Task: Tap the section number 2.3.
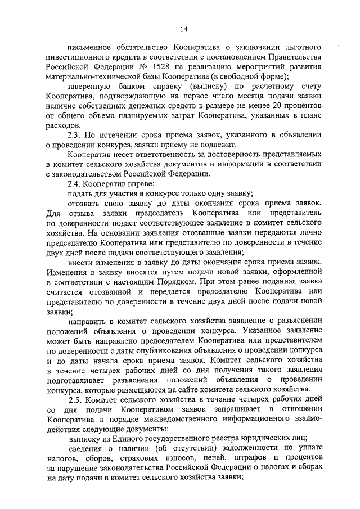click(75, 134)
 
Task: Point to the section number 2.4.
click(75, 183)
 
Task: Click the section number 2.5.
click(75, 399)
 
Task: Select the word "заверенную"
click(92, 87)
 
